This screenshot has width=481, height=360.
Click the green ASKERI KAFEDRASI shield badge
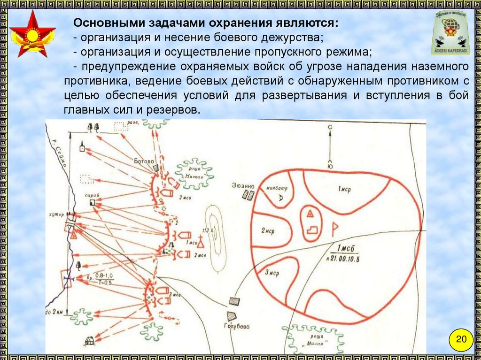pos(450,33)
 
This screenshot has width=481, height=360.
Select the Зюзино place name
pos(242,185)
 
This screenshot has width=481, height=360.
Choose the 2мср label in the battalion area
pos(267,231)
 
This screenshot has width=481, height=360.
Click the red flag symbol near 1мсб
pos(335,229)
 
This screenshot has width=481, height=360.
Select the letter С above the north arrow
pos(330,127)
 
